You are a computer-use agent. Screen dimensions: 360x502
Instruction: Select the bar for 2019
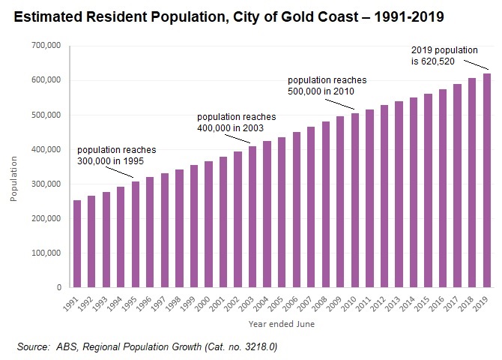(487, 180)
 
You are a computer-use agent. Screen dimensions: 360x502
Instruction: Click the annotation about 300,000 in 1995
(116, 155)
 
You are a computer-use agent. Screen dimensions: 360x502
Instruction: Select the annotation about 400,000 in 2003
(236, 122)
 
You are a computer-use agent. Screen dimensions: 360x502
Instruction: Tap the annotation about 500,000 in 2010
(327, 85)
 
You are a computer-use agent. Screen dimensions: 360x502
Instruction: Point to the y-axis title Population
(13, 178)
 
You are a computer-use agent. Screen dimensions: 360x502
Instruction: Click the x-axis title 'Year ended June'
(281, 324)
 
